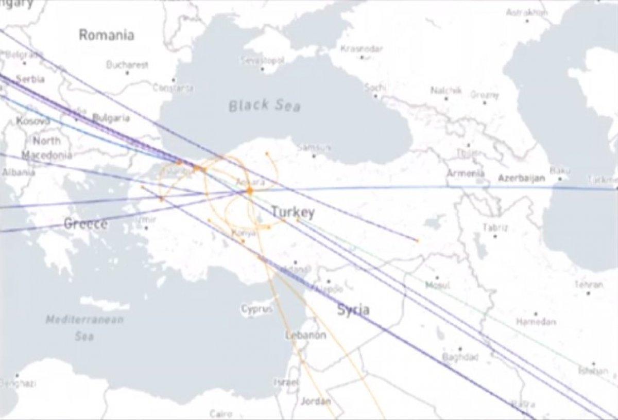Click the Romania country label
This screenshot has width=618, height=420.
(107, 35)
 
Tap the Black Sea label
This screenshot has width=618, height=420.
(264, 106)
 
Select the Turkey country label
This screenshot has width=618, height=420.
(293, 212)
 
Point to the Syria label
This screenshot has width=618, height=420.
(353, 309)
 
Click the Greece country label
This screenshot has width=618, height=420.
(86, 224)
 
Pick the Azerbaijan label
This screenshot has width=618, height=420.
(521, 179)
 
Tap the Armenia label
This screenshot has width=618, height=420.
(465, 173)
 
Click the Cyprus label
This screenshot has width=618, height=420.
(256, 309)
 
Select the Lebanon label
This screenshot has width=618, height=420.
(305, 335)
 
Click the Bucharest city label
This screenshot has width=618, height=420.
(127, 65)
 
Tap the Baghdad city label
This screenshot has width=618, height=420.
(460, 357)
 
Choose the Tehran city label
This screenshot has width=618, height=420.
(589, 285)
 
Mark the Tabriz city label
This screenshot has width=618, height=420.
(495, 227)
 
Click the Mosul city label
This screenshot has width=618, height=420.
(438, 285)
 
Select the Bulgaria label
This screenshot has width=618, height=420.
(111, 118)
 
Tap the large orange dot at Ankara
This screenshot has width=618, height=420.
(250, 191)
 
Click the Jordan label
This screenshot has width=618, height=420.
(315, 401)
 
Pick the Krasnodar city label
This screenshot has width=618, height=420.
(362, 49)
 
